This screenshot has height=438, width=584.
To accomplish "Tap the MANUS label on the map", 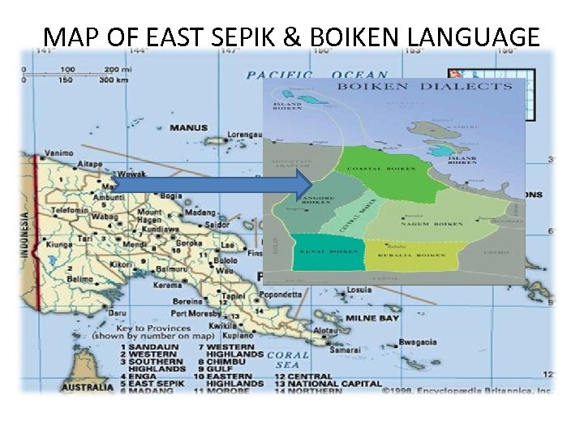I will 187,127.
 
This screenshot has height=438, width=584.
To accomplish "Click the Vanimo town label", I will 58,152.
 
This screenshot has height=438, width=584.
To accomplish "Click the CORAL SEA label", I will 288,359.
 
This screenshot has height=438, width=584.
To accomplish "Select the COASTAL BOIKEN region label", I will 381,169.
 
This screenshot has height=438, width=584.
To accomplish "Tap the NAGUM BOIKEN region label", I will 439,224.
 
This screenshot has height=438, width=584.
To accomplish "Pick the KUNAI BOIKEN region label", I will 319,254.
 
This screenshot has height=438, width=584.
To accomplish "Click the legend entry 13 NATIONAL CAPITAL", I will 325,384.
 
